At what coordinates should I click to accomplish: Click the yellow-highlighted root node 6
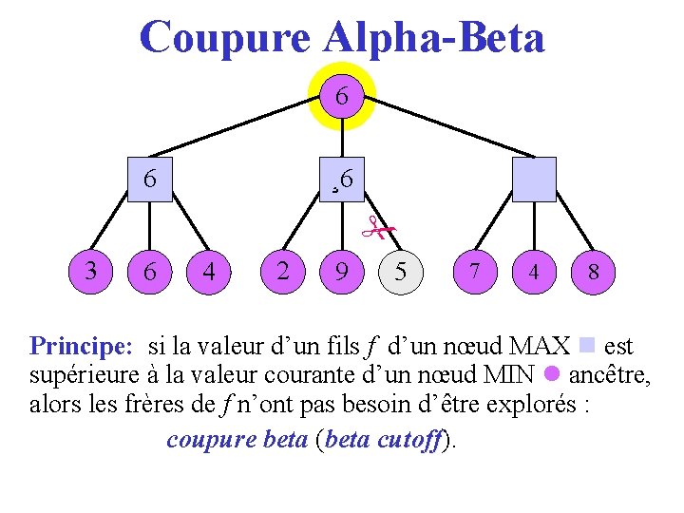click(x=341, y=96)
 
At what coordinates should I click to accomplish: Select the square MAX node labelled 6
click(x=150, y=179)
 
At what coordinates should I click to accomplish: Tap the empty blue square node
click(x=533, y=179)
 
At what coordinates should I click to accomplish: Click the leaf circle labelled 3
click(x=90, y=271)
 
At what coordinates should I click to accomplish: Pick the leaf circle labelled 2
click(x=282, y=271)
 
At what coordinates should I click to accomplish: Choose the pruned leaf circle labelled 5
click(x=401, y=272)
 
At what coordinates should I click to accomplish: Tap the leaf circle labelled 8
click(x=593, y=272)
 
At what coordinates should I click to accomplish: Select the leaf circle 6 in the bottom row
click(x=150, y=272)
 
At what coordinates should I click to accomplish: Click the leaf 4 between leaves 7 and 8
click(x=533, y=272)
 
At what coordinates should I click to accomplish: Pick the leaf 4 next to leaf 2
click(x=209, y=272)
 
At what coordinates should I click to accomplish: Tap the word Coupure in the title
click(x=224, y=37)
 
